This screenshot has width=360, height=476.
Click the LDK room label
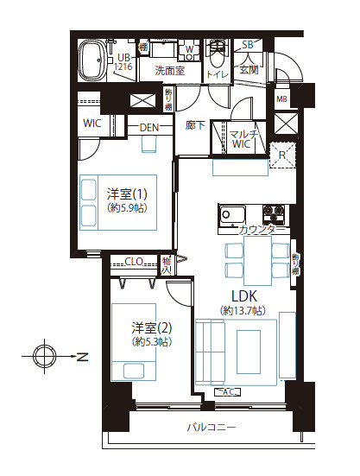[x=243, y=295]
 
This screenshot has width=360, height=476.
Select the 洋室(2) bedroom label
[x=151, y=328]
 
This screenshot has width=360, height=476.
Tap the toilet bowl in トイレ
[x=217, y=58]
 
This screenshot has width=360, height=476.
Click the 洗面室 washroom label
[x=169, y=71]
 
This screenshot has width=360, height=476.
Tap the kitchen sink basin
[x=233, y=213]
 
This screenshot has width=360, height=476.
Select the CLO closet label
[x=134, y=261]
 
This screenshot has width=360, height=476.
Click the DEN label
[x=150, y=128]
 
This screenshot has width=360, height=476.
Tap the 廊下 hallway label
[x=196, y=126]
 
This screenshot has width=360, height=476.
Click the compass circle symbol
[x=44, y=356]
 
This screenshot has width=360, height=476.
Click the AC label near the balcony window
[x=230, y=392]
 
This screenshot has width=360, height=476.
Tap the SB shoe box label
[x=247, y=45]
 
